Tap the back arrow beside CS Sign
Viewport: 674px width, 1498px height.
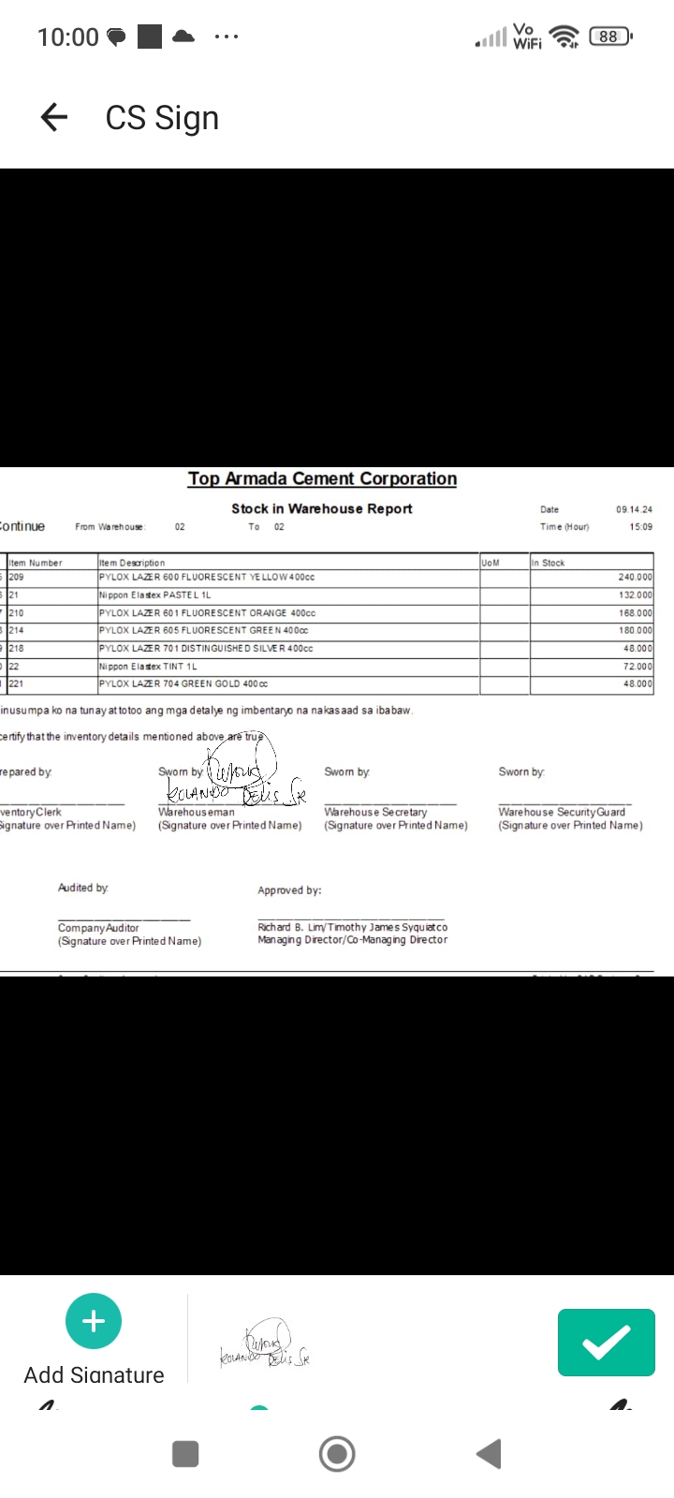click(54, 117)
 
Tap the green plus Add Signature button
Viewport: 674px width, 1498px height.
click(94, 1321)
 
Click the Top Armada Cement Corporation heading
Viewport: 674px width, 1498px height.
click(322, 478)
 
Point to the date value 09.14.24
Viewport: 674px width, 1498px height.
click(634, 509)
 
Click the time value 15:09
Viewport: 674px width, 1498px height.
click(640, 527)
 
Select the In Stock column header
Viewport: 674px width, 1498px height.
click(549, 563)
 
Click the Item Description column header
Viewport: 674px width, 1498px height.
click(132, 563)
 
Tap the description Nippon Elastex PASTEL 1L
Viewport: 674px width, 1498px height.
click(155, 595)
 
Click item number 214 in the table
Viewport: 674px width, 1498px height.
click(17, 631)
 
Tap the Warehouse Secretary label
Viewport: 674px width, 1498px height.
click(375, 812)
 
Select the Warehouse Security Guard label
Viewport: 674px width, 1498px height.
click(562, 812)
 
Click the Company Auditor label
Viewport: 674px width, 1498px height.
click(98, 928)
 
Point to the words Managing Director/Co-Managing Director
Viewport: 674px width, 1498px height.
click(352, 940)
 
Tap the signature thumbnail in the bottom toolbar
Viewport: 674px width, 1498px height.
click(265, 1345)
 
